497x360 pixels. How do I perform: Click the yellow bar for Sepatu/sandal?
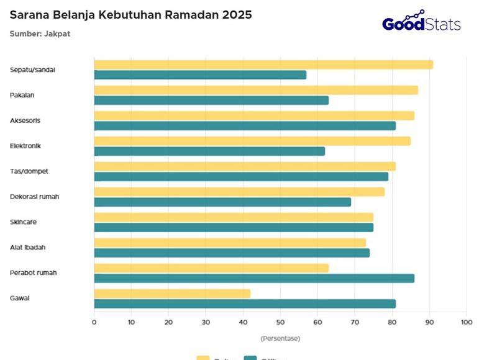pyautogui.click(x=263, y=65)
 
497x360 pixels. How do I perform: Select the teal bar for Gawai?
pyautogui.click(x=245, y=304)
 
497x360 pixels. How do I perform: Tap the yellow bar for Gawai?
pyautogui.click(x=172, y=293)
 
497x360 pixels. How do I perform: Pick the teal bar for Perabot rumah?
pyautogui.click(x=254, y=278)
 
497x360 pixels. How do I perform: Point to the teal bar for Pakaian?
pyautogui.click(x=211, y=100)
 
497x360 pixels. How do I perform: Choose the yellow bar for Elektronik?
pyautogui.click(x=252, y=141)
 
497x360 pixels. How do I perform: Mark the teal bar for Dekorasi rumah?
pyautogui.click(x=222, y=202)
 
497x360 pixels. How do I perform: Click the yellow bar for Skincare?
pyautogui.click(x=234, y=217)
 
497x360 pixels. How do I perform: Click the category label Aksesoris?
pyautogui.click(x=25, y=120)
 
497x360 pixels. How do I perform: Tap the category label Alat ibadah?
pyautogui.click(x=27, y=248)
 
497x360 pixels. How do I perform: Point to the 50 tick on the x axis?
pyautogui.click(x=280, y=322)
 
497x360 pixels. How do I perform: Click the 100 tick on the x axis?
pyautogui.click(x=467, y=322)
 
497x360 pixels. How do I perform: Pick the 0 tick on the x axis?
pyautogui.click(x=94, y=322)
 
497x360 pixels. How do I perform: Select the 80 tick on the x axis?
pyautogui.click(x=392, y=322)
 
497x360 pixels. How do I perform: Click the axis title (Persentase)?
pyautogui.click(x=280, y=338)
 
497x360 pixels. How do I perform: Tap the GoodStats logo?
pyautogui.click(x=421, y=22)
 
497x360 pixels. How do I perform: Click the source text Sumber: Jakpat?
pyautogui.click(x=40, y=34)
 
